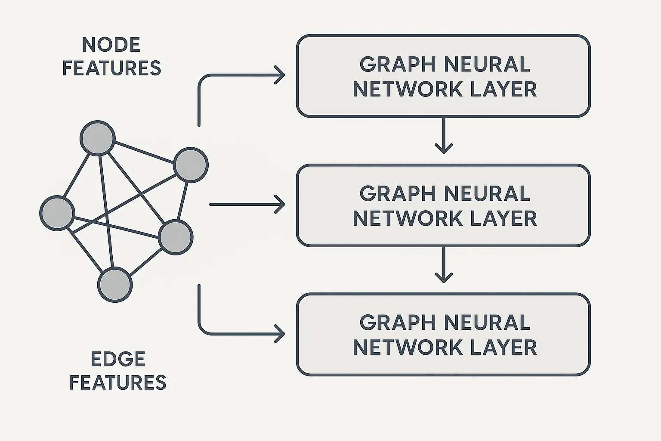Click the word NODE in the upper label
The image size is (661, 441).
tap(111, 45)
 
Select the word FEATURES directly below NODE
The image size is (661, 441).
tap(111, 68)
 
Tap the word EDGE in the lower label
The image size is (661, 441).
tap(118, 359)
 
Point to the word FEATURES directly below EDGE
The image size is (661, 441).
tap(118, 382)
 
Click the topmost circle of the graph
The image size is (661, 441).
tap(98, 138)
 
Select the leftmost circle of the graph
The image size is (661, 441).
tap(57, 213)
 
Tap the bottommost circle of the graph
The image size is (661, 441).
tap(115, 285)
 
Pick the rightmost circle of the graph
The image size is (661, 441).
tap(191, 165)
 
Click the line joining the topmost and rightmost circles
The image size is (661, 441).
tap(144, 152)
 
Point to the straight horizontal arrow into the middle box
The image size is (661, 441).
tap(247, 205)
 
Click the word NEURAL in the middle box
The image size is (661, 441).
tap(486, 194)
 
